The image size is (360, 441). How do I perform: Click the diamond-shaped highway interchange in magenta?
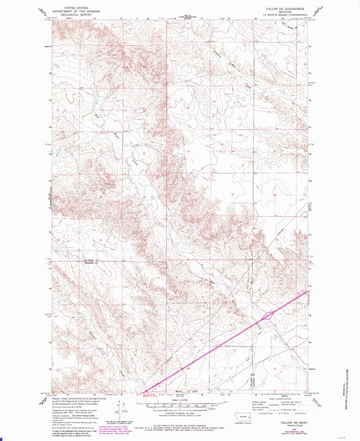tap(269, 315)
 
